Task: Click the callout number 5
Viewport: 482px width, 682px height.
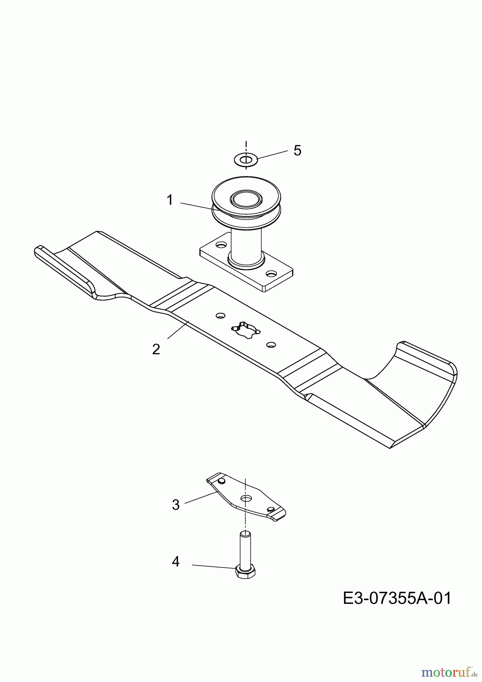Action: coord(297,150)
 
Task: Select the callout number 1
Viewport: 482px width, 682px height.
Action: coord(170,200)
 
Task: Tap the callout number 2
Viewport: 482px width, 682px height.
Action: coord(156,349)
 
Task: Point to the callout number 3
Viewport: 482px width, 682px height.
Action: coord(175,505)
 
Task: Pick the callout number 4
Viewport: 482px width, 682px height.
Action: coord(175,562)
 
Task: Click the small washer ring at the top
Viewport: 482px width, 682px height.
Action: coord(246,159)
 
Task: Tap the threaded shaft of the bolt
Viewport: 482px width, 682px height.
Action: coord(245,549)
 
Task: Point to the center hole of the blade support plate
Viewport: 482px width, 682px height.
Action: coord(246,497)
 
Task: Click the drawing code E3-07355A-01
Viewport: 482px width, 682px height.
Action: coord(397,599)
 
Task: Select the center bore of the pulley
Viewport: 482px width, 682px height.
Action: coord(246,199)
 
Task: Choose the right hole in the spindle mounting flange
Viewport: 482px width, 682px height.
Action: coord(271,273)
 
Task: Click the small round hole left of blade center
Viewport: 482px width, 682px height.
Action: coord(220,315)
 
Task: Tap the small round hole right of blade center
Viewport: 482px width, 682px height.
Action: coord(271,344)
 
